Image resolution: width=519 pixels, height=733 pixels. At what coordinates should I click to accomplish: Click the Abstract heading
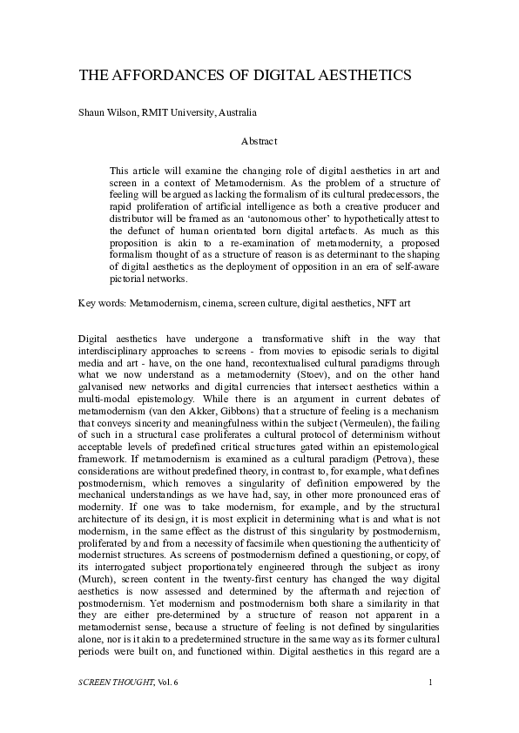259,141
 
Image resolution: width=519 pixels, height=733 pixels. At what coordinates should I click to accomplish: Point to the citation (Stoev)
324,373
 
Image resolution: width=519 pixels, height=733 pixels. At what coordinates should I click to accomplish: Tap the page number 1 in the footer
430,707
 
